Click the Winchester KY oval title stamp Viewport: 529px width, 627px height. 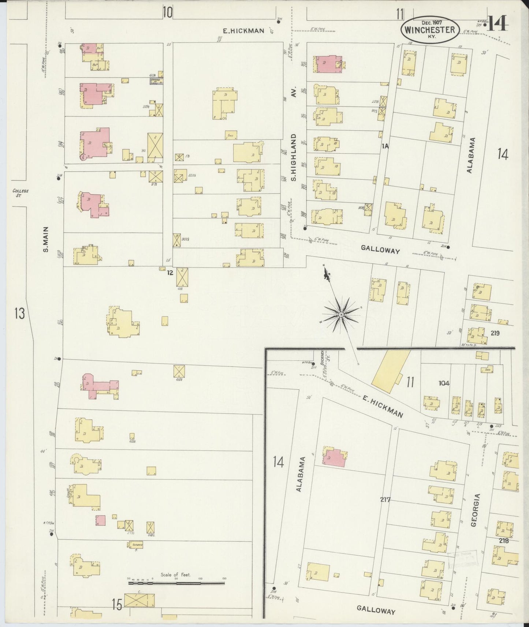430,30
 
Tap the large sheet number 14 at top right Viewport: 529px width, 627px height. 498,24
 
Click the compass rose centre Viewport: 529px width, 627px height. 341,315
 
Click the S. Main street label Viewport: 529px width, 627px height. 46,239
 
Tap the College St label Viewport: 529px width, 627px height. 20,193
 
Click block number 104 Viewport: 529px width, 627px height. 444,383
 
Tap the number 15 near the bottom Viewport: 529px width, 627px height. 117,605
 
